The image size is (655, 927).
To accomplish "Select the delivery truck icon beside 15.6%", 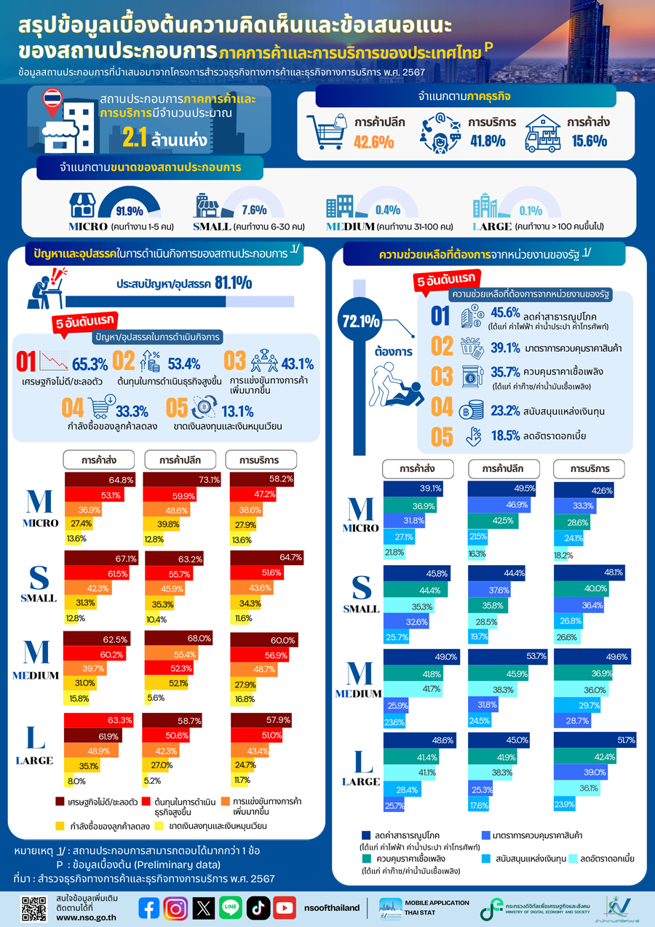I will pos(545,133).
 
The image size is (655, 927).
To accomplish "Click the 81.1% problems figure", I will pos(233,283).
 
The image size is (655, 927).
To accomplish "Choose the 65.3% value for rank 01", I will pos(90,363).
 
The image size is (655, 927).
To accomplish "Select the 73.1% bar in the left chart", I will pos(182,480).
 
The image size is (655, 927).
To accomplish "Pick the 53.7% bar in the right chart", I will pos(507,656).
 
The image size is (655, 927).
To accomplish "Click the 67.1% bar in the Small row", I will pos(101,559).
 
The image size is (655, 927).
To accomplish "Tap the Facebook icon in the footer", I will pos(149,907).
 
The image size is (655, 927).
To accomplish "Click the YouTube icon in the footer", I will pos(285,907).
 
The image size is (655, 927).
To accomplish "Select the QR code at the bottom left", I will pos(34,907).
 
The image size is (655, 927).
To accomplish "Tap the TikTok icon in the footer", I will pos(258,907).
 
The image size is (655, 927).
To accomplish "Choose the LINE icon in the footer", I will pos(231,907).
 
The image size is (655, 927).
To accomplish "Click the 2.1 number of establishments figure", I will pos(135,138).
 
